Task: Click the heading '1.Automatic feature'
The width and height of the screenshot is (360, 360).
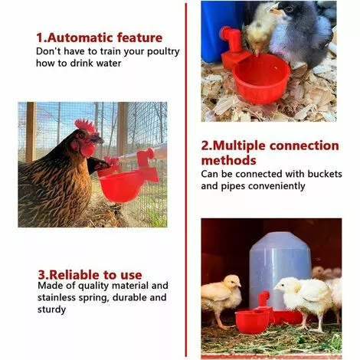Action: (x=100, y=38)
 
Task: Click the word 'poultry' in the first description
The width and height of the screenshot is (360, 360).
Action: (x=163, y=52)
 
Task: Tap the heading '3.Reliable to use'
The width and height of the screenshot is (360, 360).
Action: (x=90, y=275)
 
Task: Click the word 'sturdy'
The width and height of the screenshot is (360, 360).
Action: (x=52, y=309)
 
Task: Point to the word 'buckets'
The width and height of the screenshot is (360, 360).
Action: (x=325, y=174)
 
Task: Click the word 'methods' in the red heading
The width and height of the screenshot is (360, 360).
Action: (x=228, y=160)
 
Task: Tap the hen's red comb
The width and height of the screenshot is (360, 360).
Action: (x=86, y=126)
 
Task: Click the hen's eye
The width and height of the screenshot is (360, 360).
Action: (x=82, y=135)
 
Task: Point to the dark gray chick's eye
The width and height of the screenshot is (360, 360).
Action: (x=289, y=9)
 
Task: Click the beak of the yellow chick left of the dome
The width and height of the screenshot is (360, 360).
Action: (x=239, y=285)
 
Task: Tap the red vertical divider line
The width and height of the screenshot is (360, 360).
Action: (x=186, y=180)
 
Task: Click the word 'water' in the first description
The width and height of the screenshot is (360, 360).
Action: (x=109, y=64)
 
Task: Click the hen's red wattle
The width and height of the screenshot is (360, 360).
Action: (x=88, y=151)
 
